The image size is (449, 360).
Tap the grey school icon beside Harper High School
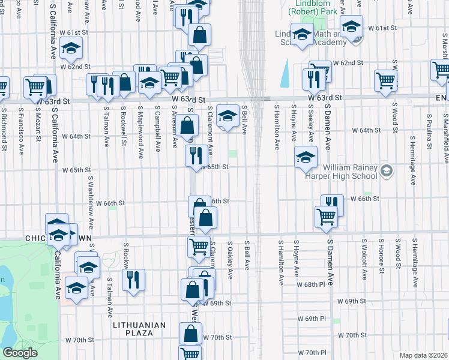point(387,172)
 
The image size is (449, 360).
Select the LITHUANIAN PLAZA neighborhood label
point(139,325)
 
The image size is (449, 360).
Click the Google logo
point(19,353)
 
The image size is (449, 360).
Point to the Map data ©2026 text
point(423,355)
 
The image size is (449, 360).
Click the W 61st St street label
point(384,28)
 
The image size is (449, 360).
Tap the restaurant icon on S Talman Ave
point(133,280)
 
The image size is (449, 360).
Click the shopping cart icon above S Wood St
point(385,81)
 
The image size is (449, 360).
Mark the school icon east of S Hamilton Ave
point(306,157)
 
